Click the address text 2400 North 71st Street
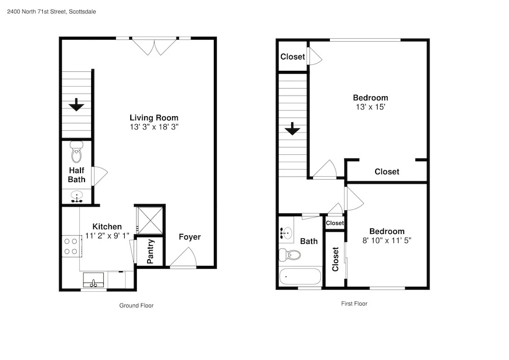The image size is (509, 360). point(37,12)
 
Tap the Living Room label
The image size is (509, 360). point(154,118)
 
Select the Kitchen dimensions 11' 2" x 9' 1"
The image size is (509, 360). point(107,235)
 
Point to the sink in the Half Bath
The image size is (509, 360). point(77,197)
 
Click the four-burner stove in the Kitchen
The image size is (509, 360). point(71,246)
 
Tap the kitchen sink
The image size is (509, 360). point(93,280)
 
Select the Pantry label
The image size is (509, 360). point(150,252)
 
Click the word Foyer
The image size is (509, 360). point(189,237)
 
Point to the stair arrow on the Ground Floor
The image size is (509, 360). point(77,104)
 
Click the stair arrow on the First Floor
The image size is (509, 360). point(293,128)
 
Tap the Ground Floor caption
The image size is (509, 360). point(136,306)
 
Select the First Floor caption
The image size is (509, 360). point(354,303)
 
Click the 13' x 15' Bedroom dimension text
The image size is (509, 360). point(371,107)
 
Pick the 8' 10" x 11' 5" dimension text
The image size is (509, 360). point(387,240)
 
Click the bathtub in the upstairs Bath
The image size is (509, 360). point(300,276)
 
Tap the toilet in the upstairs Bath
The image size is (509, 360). point(290,255)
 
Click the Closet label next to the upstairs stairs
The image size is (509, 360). point(293,57)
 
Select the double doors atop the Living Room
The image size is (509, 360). point(154,47)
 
